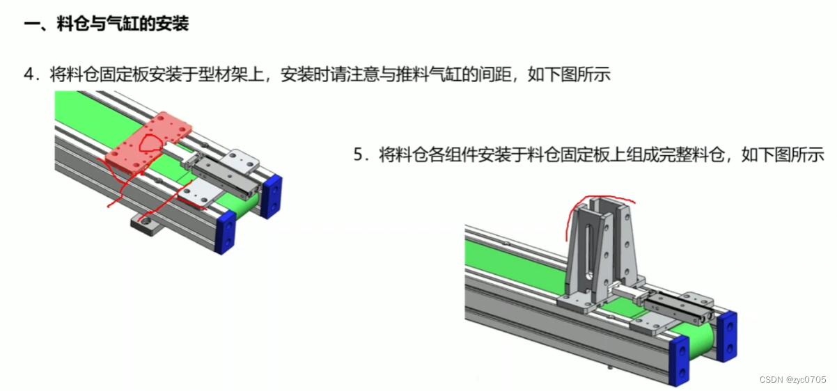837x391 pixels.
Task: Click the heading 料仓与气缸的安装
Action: click(x=123, y=24)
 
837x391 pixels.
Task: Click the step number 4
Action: click(x=29, y=74)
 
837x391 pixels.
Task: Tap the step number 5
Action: click(x=359, y=154)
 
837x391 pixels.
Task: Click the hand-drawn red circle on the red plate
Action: click(x=150, y=143)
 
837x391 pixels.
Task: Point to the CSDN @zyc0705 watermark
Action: click(x=792, y=379)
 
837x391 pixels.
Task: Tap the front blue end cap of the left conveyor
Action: click(x=225, y=232)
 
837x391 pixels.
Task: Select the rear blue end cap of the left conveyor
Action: click(x=272, y=196)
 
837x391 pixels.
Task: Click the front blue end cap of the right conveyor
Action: click(x=679, y=360)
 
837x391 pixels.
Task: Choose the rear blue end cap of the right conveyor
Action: click(x=727, y=337)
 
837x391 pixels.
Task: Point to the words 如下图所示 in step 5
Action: click(x=783, y=154)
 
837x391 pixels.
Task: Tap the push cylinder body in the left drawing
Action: click(x=226, y=177)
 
